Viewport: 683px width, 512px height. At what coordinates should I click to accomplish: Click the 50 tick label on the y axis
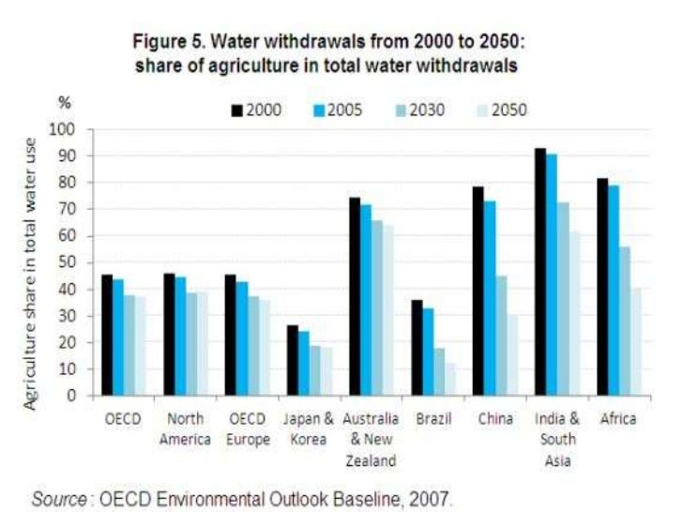tap(75, 262)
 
